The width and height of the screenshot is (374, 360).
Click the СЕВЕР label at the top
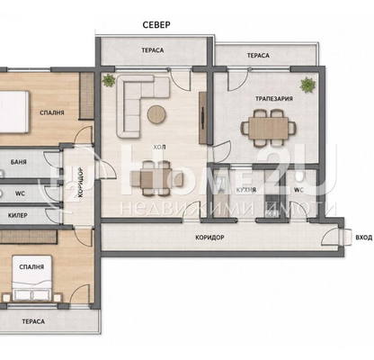[156, 24]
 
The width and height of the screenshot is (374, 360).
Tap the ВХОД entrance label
[364, 238]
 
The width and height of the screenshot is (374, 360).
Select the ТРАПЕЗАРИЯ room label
[274, 99]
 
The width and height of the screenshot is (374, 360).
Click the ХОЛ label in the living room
[159, 148]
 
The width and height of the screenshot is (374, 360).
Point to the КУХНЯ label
[246, 190]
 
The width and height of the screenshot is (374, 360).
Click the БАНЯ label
[19, 162]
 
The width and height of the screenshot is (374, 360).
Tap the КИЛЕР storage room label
[18, 215]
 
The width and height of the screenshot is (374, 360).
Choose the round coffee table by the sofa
[156, 114]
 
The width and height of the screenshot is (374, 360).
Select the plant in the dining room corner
[307, 85]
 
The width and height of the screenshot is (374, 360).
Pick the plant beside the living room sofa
[108, 80]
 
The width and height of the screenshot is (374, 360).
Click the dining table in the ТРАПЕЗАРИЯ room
[269, 128]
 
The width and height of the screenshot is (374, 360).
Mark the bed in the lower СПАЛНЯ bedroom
[31, 278]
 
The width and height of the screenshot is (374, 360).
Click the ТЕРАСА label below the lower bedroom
[33, 321]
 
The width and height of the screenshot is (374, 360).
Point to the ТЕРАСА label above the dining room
[258, 56]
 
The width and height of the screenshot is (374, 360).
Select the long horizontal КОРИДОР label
[209, 238]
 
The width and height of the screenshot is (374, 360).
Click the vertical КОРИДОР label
[80, 182]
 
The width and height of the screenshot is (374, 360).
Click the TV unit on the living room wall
[203, 118]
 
